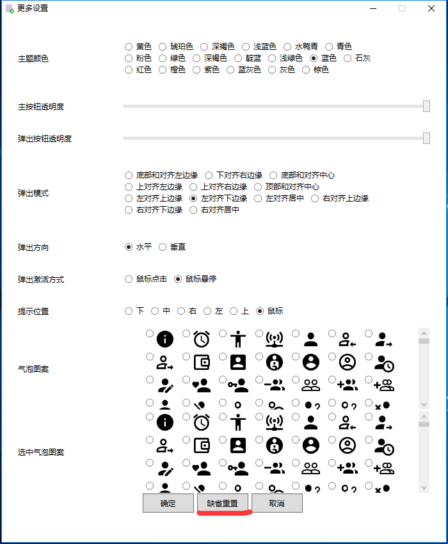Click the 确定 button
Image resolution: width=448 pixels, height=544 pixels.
(x=168, y=503)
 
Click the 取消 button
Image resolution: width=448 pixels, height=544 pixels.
(x=276, y=503)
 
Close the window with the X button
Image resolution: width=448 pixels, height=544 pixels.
(x=431, y=8)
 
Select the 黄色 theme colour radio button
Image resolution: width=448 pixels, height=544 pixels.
(x=129, y=47)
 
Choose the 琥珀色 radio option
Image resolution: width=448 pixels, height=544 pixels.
(x=163, y=47)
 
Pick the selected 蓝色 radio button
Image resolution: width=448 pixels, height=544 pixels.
(x=314, y=58)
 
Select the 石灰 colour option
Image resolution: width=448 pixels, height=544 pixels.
(x=348, y=58)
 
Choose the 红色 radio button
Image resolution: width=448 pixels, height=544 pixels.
(x=129, y=70)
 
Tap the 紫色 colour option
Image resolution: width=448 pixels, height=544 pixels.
(x=196, y=70)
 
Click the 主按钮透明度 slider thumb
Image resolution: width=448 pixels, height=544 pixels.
(x=426, y=106)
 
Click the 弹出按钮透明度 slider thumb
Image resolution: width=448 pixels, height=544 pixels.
(x=426, y=138)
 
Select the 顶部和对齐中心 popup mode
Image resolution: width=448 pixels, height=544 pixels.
(x=259, y=187)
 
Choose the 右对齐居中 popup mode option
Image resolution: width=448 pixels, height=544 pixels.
(x=193, y=210)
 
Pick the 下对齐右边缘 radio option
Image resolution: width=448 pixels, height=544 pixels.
(x=209, y=175)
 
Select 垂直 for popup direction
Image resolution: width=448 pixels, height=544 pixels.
(x=163, y=247)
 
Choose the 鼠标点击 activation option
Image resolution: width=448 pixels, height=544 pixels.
(x=129, y=279)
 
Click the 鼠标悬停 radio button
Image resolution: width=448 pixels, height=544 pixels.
(x=178, y=279)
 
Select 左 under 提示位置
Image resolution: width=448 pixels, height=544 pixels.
(x=207, y=311)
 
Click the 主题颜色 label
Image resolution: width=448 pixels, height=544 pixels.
(x=33, y=59)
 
